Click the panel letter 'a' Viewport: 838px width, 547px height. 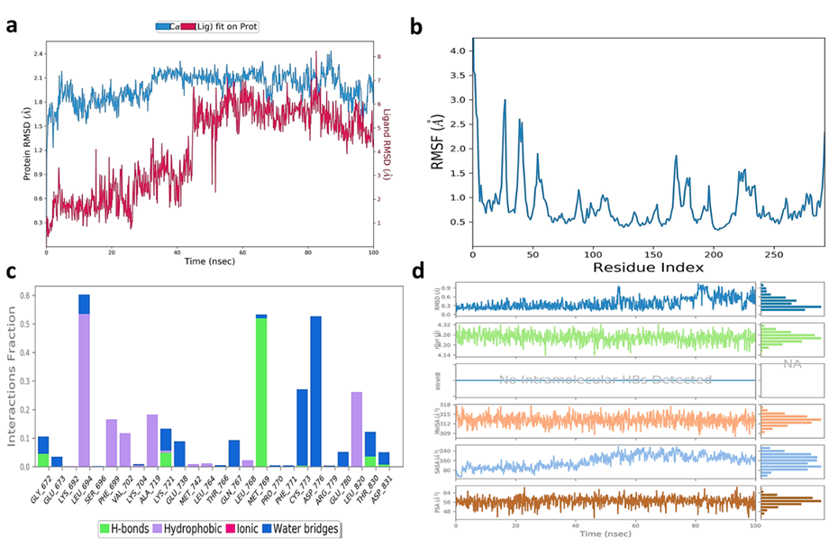pyautogui.click(x=12, y=24)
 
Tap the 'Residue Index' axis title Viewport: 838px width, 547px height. pyautogui.click(x=647, y=268)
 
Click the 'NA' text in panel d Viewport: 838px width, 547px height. pyautogui.click(x=792, y=363)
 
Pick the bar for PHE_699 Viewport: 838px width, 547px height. pyautogui.click(x=112, y=443)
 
